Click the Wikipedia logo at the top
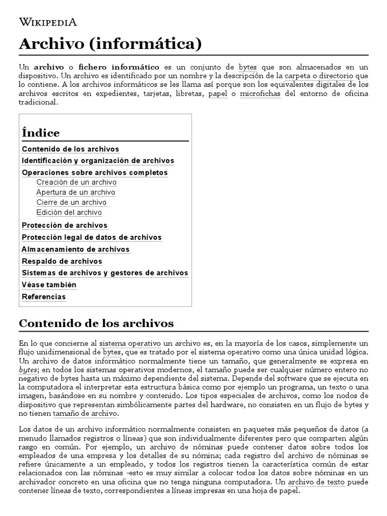tap(48, 22)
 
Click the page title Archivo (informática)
tap(110, 44)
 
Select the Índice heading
tap(41, 133)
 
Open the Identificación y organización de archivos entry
tap(98, 161)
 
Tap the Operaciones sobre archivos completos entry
tap(95, 173)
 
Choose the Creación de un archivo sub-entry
tap(76, 182)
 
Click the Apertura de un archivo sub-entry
tap(76, 192)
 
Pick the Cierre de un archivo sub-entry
tap(71, 203)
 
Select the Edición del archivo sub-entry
tap(69, 213)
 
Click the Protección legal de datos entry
tap(92, 237)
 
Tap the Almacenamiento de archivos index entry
tap(76, 249)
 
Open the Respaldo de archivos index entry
tap(62, 262)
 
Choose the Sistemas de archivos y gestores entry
tap(105, 273)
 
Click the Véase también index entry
tap(49, 285)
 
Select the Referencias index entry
tap(44, 297)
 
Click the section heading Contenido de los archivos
tap(96, 323)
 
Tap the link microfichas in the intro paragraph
tap(260, 94)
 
